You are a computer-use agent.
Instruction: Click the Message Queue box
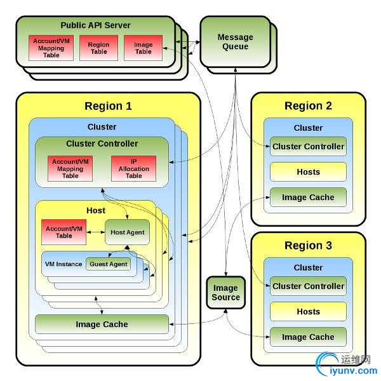(x=235, y=42)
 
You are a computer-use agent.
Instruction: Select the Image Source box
(x=225, y=292)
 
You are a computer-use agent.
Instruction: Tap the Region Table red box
(x=98, y=48)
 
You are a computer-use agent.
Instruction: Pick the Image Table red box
(x=144, y=48)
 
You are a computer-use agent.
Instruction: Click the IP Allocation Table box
(x=133, y=168)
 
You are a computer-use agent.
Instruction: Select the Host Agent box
(x=127, y=232)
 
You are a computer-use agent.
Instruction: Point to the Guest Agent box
(x=109, y=264)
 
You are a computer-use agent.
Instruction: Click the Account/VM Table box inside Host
(x=64, y=232)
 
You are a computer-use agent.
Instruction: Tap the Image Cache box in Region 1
(x=102, y=324)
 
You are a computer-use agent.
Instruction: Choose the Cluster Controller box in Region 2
(x=308, y=147)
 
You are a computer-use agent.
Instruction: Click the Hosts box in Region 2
(x=308, y=172)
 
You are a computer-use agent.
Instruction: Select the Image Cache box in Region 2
(x=308, y=197)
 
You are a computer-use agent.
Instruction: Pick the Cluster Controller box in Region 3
(x=308, y=286)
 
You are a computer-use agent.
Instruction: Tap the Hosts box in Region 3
(x=308, y=312)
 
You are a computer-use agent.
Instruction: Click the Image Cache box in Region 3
(x=308, y=337)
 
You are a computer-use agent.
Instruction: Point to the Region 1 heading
(x=108, y=106)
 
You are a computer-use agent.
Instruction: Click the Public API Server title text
(x=95, y=25)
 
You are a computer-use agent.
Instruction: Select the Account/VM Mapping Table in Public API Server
(x=51, y=48)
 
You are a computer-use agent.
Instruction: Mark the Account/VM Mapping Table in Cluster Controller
(x=70, y=168)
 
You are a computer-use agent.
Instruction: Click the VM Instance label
(x=63, y=264)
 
